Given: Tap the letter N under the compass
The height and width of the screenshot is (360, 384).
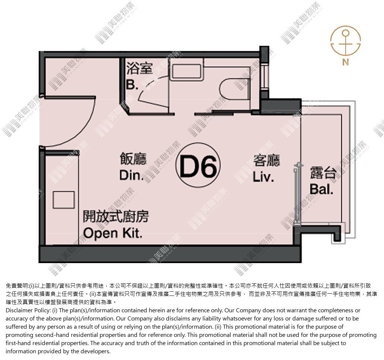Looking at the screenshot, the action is pyautogui.click(x=345, y=62).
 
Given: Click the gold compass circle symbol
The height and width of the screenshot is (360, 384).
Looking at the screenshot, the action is pyautogui.click(x=346, y=40).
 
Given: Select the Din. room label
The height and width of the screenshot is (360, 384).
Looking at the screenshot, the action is pyautogui.click(x=132, y=175).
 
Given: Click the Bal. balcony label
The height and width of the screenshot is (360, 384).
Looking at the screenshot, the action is pyautogui.click(x=321, y=189).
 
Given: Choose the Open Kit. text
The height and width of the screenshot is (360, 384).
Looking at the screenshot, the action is pyautogui.click(x=113, y=233).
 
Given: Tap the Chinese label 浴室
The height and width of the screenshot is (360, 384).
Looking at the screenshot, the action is pyautogui.click(x=139, y=68).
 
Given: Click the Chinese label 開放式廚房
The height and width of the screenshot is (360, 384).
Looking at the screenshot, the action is pyautogui.click(x=116, y=217).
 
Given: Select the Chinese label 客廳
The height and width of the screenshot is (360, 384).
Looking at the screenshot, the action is pyautogui.click(x=267, y=160).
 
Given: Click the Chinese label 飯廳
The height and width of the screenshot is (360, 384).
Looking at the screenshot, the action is pyautogui.click(x=133, y=159).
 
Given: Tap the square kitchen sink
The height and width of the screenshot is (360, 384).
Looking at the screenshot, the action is pyautogui.click(x=64, y=200).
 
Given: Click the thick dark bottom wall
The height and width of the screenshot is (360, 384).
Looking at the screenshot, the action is pyautogui.click(x=170, y=254).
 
